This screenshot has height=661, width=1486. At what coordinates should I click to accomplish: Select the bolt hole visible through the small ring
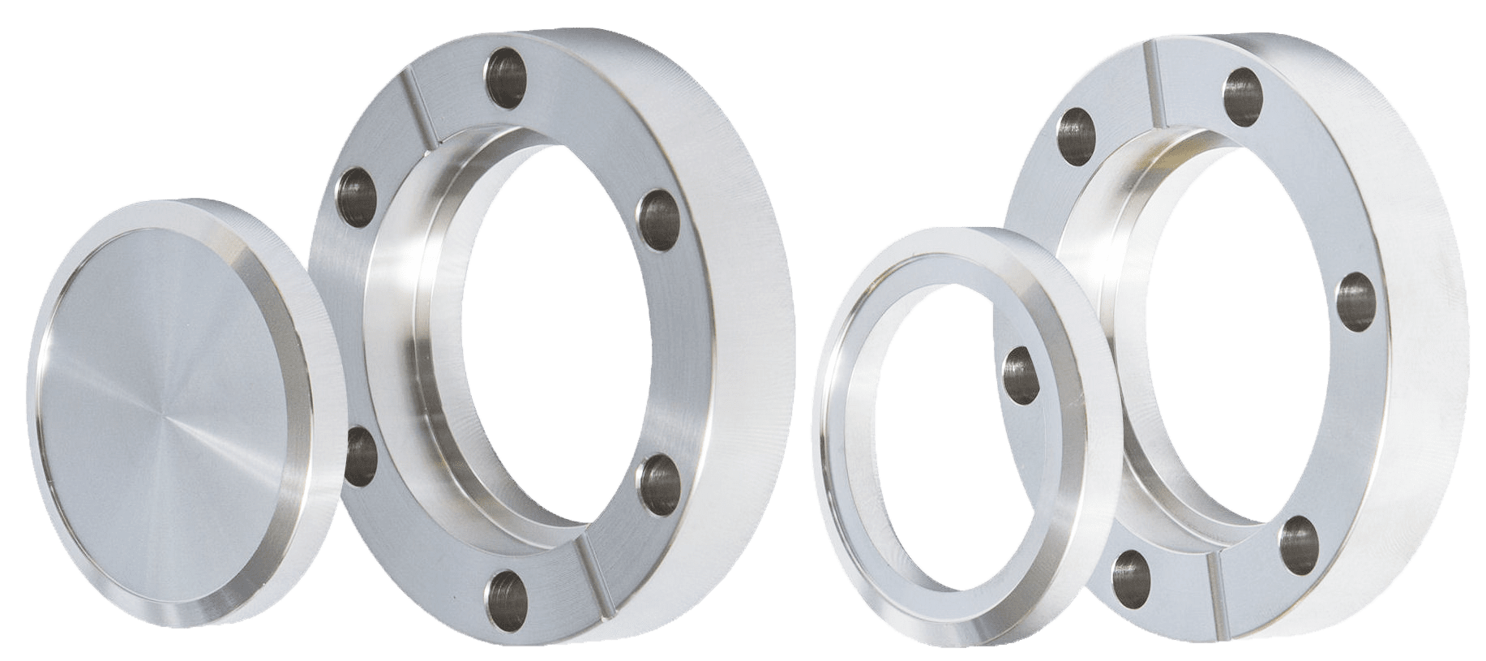[1021, 374]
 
